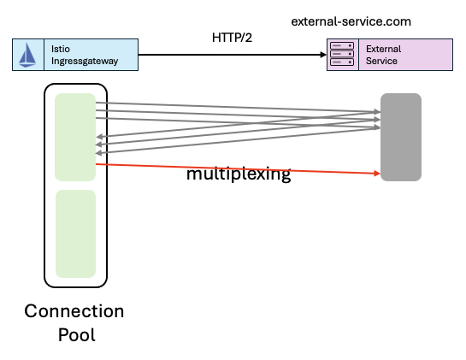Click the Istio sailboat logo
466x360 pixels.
(x=27, y=55)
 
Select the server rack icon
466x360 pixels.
(x=342, y=54)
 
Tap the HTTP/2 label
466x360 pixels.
(x=232, y=38)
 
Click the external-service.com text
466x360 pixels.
(x=351, y=21)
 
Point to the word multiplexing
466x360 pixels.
(x=239, y=174)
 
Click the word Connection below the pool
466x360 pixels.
(x=74, y=311)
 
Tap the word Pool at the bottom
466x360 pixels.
(x=77, y=334)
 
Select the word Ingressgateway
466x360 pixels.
(x=85, y=62)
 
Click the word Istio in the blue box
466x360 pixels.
(x=61, y=49)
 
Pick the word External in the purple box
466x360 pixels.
(x=383, y=49)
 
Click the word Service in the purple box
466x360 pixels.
(x=381, y=61)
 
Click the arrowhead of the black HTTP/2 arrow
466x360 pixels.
(x=323, y=55)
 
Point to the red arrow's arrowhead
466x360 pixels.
(x=377, y=173)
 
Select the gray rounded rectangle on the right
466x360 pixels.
(x=401, y=137)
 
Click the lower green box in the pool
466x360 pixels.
(x=75, y=234)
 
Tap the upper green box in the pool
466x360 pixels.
(x=75, y=137)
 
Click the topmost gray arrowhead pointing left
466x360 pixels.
(x=99, y=137)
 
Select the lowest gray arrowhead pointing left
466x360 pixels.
(x=99, y=153)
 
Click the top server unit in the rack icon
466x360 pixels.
(x=342, y=45)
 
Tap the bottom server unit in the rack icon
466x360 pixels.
(x=342, y=62)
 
